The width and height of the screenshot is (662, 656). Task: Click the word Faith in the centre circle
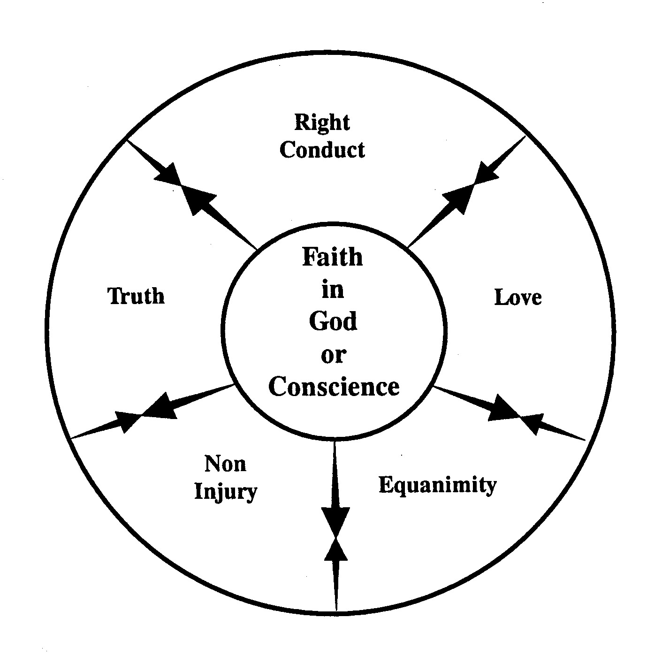pyautogui.click(x=332, y=257)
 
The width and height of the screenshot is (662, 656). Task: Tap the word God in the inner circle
pyautogui.click(x=333, y=322)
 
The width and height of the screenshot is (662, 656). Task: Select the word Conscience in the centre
pyautogui.click(x=334, y=387)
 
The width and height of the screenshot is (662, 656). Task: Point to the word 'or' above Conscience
pyautogui.click(x=333, y=355)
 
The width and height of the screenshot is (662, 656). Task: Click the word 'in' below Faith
pyautogui.click(x=333, y=290)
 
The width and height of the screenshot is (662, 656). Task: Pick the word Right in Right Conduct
pyautogui.click(x=322, y=123)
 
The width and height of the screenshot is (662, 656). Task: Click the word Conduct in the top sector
pyautogui.click(x=322, y=150)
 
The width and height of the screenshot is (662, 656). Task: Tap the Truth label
pyautogui.click(x=137, y=296)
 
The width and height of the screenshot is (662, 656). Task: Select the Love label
pyautogui.click(x=518, y=297)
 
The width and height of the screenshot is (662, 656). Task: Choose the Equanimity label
pyautogui.click(x=437, y=485)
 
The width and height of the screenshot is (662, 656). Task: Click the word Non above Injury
pyautogui.click(x=225, y=464)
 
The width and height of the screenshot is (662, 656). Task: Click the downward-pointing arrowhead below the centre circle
pyautogui.click(x=335, y=520)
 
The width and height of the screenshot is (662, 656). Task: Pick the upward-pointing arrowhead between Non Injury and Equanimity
pyautogui.click(x=336, y=550)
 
